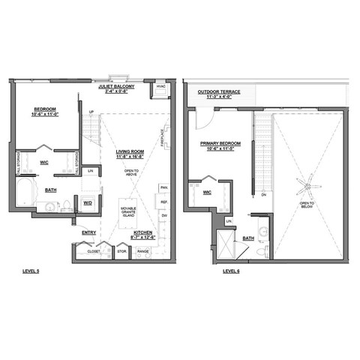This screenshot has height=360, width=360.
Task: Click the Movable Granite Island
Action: [x=130, y=211]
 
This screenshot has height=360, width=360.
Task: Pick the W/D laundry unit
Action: [x=87, y=203]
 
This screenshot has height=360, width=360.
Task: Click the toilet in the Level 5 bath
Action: [x=67, y=205]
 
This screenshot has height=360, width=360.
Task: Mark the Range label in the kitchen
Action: [x=142, y=251]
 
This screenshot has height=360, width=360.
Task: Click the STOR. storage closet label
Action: [x=121, y=251]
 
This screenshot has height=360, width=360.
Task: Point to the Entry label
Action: [x=89, y=232]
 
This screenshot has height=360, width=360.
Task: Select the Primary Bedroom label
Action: [x=217, y=145]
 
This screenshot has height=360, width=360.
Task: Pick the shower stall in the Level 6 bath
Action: [x=223, y=242]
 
